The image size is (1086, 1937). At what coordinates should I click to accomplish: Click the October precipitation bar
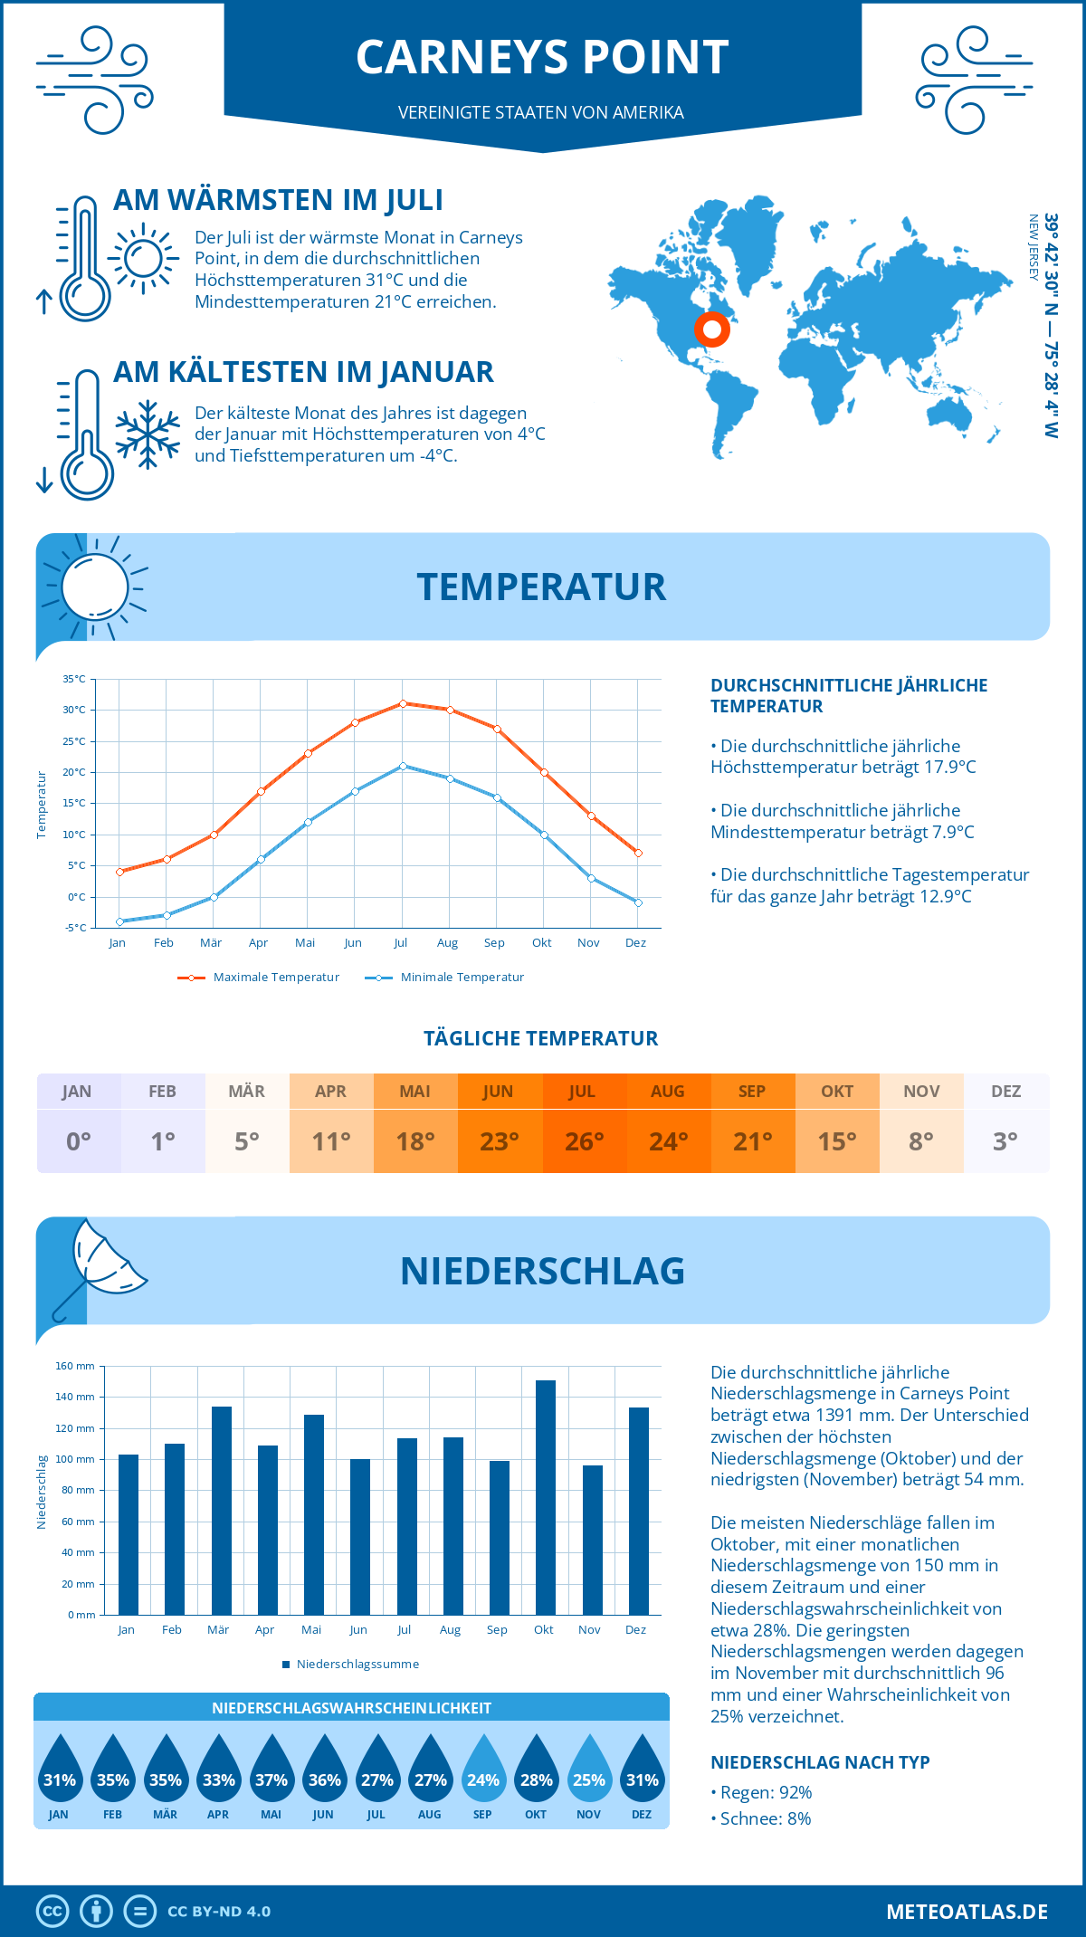click(x=545, y=1498)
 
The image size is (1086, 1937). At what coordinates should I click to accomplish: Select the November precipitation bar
click(x=592, y=1540)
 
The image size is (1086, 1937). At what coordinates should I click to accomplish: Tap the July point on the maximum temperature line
click(x=403, y=703)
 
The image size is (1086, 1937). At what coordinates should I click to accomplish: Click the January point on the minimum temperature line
click(x=119, y=921)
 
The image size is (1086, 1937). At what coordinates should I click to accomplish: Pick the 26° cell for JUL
click(x=584, y=1141)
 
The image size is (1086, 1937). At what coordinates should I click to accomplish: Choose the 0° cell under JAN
click(x=79, y=1141)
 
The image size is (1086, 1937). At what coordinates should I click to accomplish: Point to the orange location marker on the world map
click(x=712, y=329)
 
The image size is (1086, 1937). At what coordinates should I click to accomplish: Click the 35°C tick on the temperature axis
click(x=74, y=679)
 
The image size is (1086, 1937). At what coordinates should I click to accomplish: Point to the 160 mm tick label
click(x=75, y=1366)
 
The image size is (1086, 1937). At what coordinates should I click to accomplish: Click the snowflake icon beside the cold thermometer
click(x=148, y=434)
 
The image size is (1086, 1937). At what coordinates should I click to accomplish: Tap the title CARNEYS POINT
click(x=542, y=57)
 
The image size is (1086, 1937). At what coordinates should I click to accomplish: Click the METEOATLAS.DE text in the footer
click(x=967, y=1912)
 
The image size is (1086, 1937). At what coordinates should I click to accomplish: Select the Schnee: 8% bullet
click(x=761, y=1818)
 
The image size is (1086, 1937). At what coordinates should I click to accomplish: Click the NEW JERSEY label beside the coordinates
click(x=1033, y=247)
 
